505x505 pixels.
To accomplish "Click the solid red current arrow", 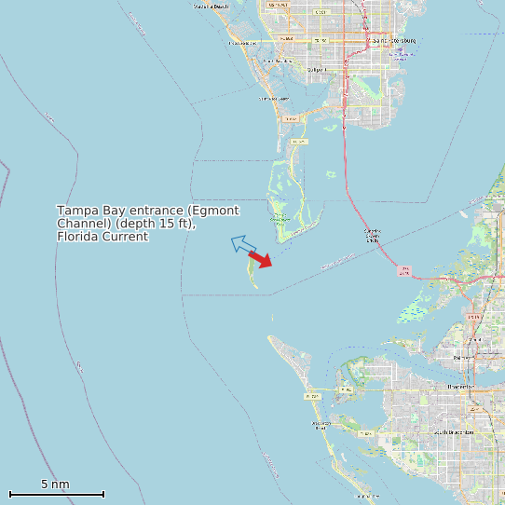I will (x=261, y=260).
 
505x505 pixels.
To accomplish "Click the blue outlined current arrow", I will (x=243, y=245).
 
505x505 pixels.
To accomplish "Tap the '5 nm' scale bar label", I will (x=55, y=485).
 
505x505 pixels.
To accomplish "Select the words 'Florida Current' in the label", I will (x=102, y=237).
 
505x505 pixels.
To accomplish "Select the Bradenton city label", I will (x=459, y=386).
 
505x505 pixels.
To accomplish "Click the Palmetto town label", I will (x=463, y=357).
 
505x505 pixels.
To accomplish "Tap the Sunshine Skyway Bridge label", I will (x=372, y=235).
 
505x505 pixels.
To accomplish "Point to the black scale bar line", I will (x=56, y=494).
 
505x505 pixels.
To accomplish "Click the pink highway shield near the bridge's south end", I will (x=403, y=270).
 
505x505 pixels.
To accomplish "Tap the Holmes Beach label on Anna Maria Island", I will (x=321, y=426).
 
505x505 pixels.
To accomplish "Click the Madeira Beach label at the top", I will (x=212, y=7).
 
